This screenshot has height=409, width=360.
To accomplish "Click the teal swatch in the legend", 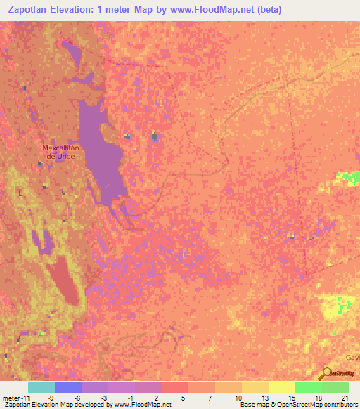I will coord(41,387).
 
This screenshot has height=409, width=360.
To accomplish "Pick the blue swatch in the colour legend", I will coord(67,387).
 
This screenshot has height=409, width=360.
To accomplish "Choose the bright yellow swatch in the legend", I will coord(281,387).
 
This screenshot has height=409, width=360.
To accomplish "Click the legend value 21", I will coord(344,397).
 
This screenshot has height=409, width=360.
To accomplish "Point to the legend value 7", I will coord(210,397).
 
